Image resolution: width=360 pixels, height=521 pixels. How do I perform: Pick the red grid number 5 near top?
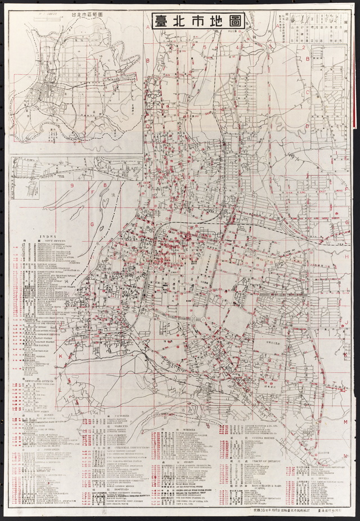[x=205, y=47]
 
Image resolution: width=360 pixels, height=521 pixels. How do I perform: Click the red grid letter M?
[x=346, y=422]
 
